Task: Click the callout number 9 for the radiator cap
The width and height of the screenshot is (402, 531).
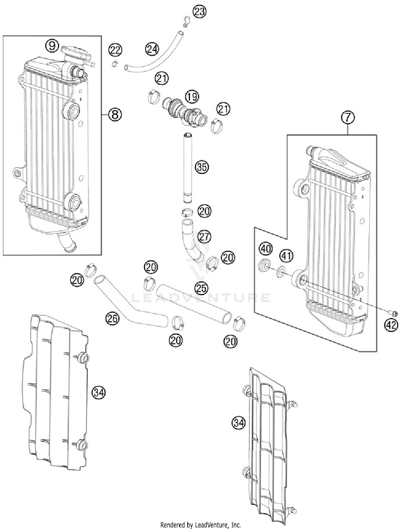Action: pyautogui.click(x=52, y=46)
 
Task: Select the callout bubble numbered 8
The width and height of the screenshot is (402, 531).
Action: pyautogui.click(x=115, y=115)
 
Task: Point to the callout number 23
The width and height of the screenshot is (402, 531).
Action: pyautogui.click(x=199, y=12)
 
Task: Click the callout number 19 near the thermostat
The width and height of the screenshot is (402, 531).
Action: pyautogui.click(x=192, y=96)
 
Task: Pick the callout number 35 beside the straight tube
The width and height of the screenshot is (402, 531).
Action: pyautogui.click(x=202, y=167)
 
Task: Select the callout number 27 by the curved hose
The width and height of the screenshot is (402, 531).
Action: pyautogui.click(x=204, y=237)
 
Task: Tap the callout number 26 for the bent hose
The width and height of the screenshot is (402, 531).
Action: pyautogui.click(x=112, y=319)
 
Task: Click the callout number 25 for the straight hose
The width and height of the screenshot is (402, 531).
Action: pyautogui.click(x=201, y=288)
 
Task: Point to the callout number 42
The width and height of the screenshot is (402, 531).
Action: pyautogui.click(x=391, y=325)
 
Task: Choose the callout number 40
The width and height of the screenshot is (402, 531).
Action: pyautogui.click(x=266, y=249)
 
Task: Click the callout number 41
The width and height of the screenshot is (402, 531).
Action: pyautogui.click(x=286, y=256)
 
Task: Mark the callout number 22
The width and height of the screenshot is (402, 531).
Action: pyautogui.click(x=115, y=50)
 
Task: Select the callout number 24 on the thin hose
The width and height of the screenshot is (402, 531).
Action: pyautogui.click(x=152, y=49)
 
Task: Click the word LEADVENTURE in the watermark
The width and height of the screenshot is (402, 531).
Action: pyautogui.click(x=201, y=298)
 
